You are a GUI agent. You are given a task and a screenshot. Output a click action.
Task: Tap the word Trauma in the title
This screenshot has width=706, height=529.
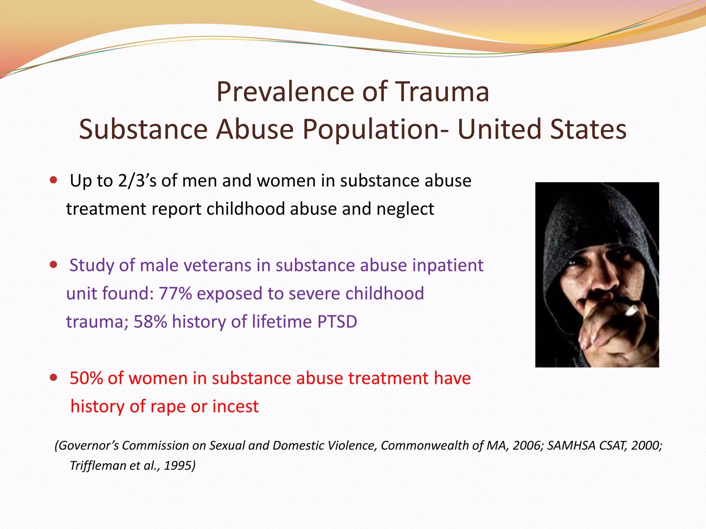(442, 92)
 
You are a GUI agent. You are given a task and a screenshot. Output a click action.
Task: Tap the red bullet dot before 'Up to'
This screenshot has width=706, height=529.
(53, 180)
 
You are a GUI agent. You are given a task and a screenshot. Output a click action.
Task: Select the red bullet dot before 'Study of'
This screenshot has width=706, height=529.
(53, 265)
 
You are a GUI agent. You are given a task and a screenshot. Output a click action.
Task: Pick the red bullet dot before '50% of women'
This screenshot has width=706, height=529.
(53, 377)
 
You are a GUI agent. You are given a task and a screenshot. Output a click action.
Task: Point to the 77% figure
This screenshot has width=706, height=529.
(175, 294)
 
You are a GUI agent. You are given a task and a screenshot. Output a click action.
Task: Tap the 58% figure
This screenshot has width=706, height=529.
(150, 322)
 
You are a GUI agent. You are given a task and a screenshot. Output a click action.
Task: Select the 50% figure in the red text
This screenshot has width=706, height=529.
(86, 378)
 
